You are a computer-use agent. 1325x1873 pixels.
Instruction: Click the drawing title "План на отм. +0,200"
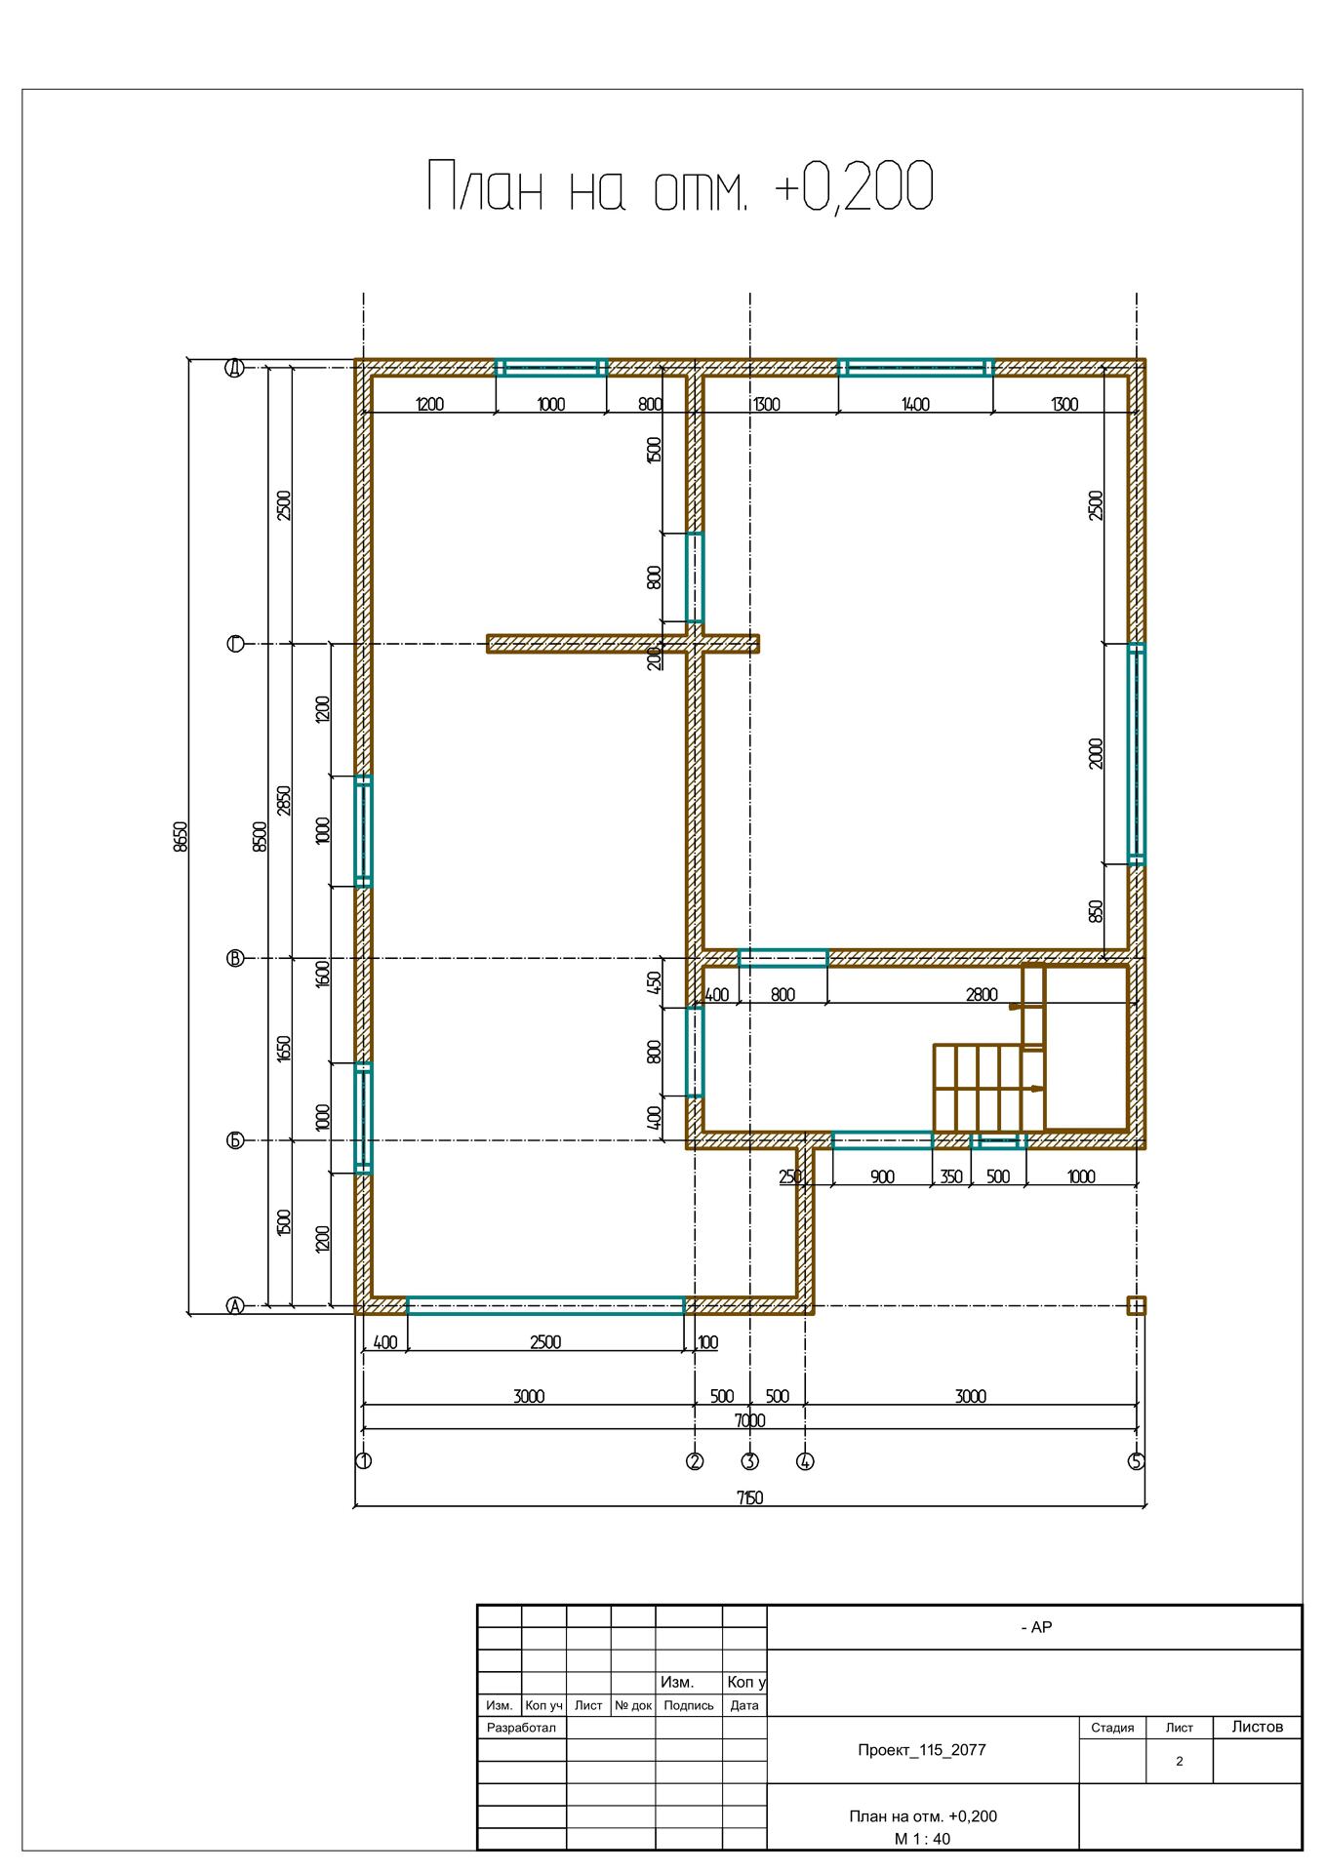tap(680, 186)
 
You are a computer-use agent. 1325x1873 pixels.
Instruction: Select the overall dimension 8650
tap(180, 837)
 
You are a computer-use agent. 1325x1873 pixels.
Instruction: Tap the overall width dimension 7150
tap(749, 1498)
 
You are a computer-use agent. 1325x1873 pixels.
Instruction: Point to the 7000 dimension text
tap(749, 1420)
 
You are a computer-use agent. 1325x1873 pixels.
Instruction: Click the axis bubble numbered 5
tap(1137, 1461)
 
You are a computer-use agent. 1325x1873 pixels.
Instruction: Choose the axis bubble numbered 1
tap(363, 1461)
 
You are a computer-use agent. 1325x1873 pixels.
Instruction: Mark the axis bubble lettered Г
tap(235, 644)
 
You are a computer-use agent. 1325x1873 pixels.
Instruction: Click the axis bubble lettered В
tap(235, 959)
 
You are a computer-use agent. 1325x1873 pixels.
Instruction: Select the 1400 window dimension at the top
tap(915, 404)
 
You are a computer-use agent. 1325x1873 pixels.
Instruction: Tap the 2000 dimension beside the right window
tap(1096, 753)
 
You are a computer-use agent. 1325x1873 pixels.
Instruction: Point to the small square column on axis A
tap(1137, 1305)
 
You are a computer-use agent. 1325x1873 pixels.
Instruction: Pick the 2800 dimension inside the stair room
tap(982, 995)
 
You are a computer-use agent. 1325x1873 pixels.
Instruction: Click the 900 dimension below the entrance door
tap(882, 1176)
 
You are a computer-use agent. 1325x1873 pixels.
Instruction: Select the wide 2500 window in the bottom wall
tap(545, 1305)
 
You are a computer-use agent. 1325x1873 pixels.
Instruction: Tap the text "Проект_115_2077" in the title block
tap(922, 1749)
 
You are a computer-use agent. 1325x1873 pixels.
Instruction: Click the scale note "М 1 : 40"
tap(922, 1839)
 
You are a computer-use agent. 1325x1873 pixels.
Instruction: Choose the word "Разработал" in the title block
tap(520, 1727)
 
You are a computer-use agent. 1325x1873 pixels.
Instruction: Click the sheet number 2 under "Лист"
tap(1180, 1761)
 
